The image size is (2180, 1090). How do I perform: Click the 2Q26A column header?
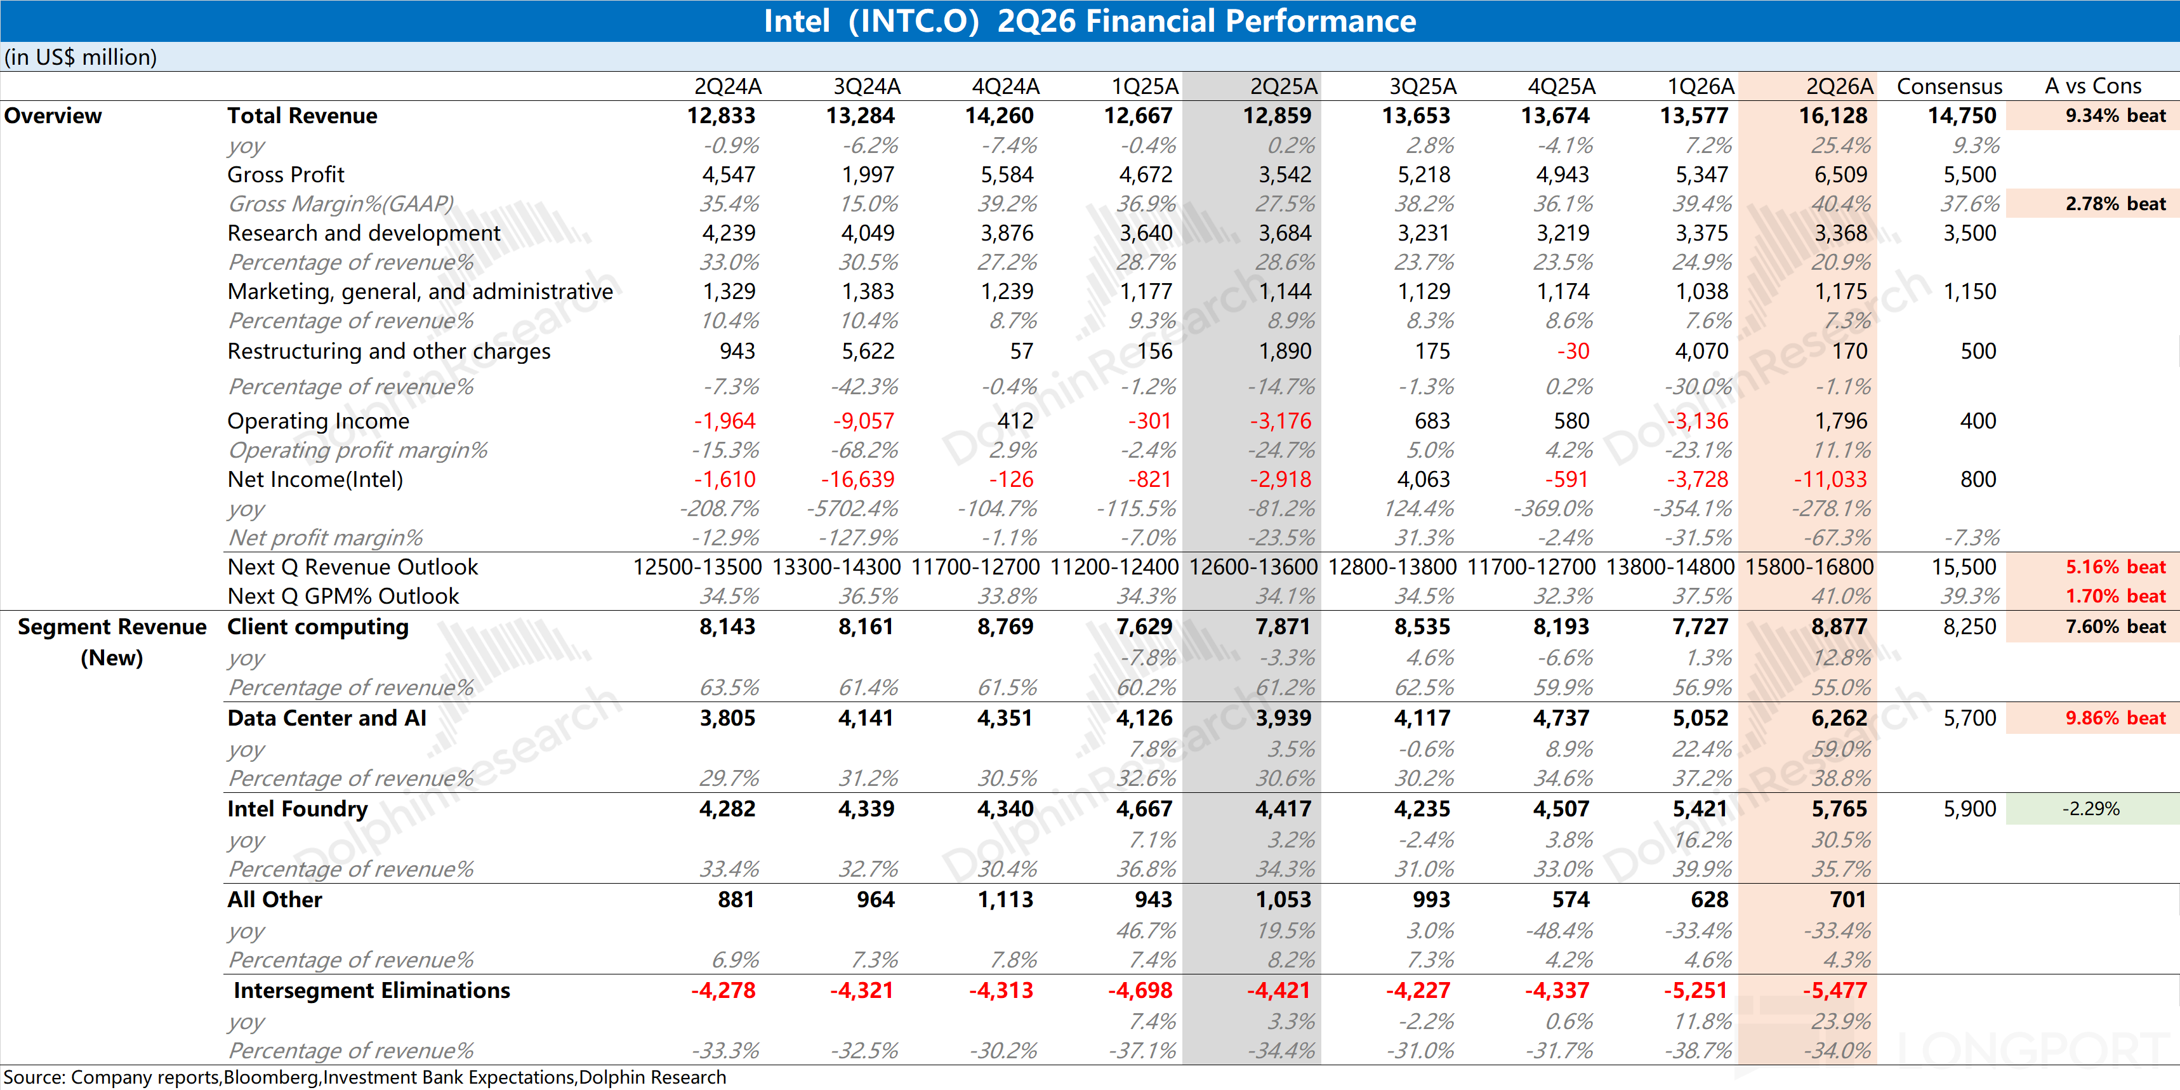pyautogui.click(x=1839, y=86)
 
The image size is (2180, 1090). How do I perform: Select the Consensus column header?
pyautogui.click(x=1949, y=86)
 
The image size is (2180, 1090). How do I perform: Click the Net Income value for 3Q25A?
pyautogui.click(x=1424, y=479)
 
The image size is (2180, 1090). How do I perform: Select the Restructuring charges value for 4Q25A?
pyautogui.click(x=1573, y=350)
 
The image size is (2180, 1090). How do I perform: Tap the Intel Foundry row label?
pyautogui.click(x=297, y=809)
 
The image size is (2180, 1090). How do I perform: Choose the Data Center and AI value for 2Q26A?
pyautogui.click(x=1839, y=717)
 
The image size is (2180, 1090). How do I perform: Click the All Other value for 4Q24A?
pyautogui.click(x=1005, y=900)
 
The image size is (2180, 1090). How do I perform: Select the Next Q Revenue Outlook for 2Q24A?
pyautogui.click(x=697, y=567)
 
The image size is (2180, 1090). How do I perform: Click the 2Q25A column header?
pyautogui.click(x=1284, y=86)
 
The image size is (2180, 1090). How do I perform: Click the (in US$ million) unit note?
pyautogui.click(x=81, y=56)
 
